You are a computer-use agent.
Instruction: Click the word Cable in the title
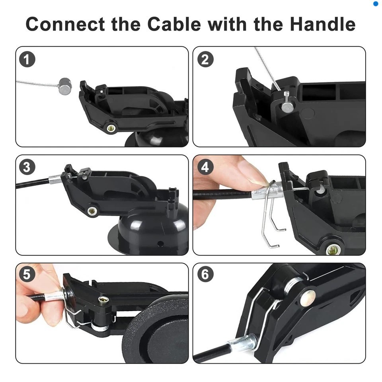pyautogui.click(x=174, y=24)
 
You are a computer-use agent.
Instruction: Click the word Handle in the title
pyautogui.click(x=322, y=24)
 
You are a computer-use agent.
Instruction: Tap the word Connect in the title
pyautogui.click(x=66, y=24)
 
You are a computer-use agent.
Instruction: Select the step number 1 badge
pyautogui.click(x=27, y=60)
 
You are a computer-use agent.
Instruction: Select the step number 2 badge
pyautogui.click(x=205, y=60)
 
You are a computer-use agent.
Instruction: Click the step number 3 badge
pyautogui.click(x=27, y=167)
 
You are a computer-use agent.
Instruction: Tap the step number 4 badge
pyautogui.click(x=205, y=167)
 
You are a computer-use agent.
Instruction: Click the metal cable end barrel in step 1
pyautogui.click(x=64, y=86)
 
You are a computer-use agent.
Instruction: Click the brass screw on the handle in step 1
pyautogui.click(x=111, y=128)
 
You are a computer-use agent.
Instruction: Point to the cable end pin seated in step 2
pyautogui.click(x=286, y=105)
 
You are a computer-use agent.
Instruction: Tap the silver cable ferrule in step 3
pyautogui.click(x=55, y=180)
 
